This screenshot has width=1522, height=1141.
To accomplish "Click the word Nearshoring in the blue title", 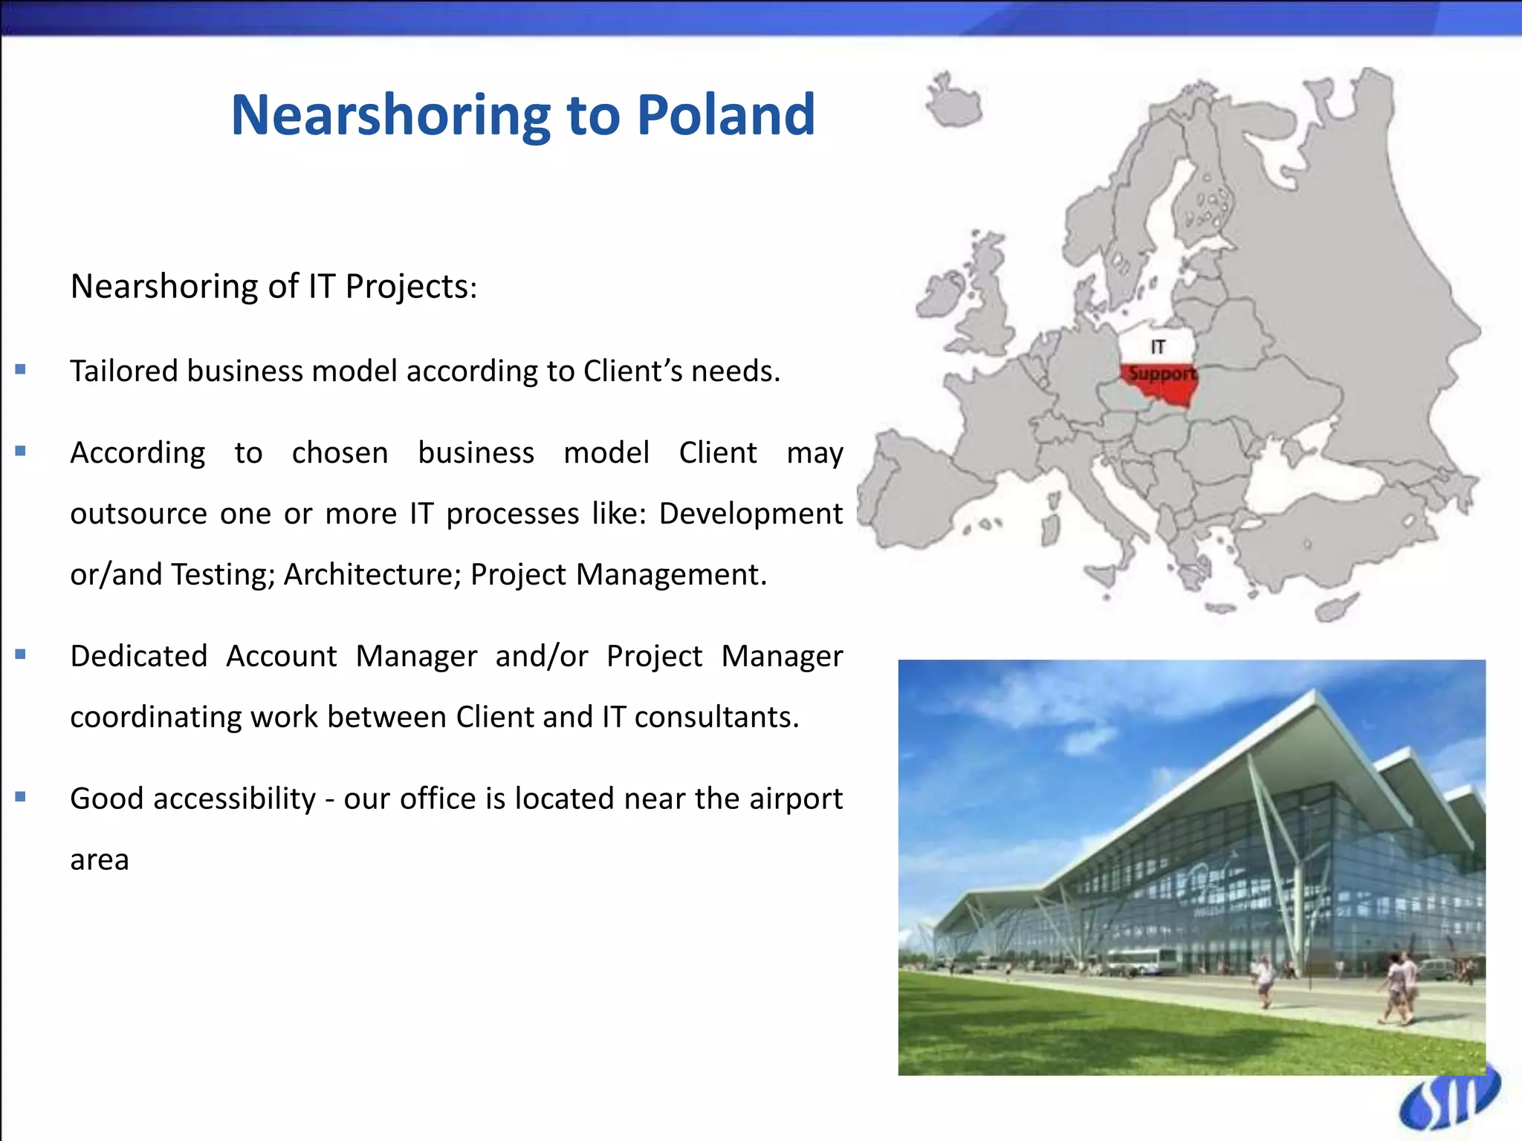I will pos(391,116).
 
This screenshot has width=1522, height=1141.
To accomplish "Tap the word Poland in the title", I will pos(726,116).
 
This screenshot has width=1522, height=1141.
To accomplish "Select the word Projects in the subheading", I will pos(409,287).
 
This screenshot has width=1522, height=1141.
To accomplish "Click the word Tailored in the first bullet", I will pos(123,371).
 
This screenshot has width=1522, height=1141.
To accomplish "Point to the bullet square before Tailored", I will pos(21,369).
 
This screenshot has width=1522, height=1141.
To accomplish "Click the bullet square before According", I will pos(21,451).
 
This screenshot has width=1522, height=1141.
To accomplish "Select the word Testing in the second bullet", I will pos(222,575).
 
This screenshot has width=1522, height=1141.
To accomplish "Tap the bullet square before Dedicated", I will pos(21,654).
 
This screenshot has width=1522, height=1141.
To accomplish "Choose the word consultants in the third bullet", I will pos(716,718).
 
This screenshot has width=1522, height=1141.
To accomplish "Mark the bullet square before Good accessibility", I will pos(21,797).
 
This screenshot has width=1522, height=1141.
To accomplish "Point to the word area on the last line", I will pos(100,860).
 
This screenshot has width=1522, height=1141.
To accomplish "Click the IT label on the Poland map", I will pos(1158,347).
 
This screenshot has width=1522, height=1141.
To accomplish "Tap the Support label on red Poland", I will pos(1162,374).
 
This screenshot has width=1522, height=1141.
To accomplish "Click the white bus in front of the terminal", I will pos(1141,960).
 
